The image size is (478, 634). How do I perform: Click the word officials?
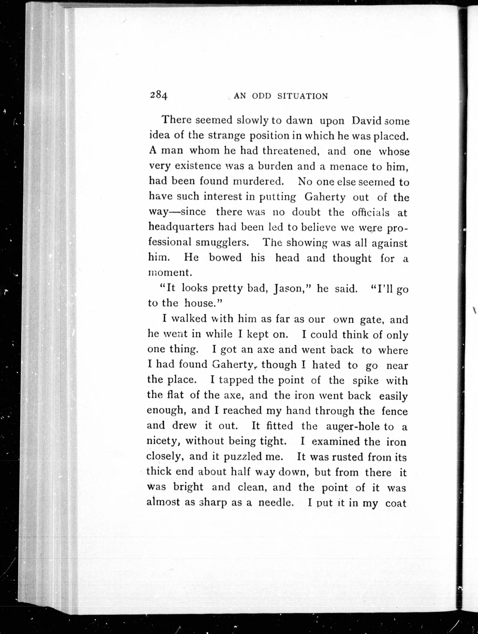(371, 212)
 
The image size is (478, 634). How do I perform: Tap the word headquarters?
(181, 227)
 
